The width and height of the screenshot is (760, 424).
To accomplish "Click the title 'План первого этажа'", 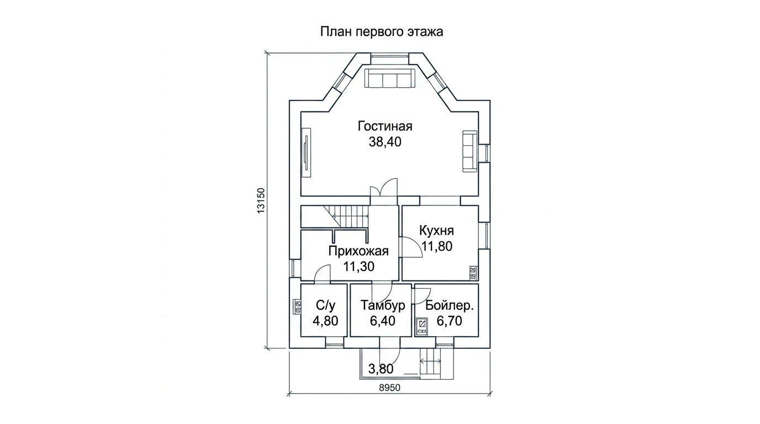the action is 382,32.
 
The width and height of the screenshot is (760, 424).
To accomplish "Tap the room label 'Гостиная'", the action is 385,126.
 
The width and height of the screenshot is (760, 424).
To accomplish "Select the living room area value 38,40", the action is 385,142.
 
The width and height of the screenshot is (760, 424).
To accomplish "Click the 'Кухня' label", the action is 436,231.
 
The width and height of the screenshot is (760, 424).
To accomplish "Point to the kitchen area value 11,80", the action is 437,246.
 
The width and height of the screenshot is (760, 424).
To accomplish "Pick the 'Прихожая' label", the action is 358,251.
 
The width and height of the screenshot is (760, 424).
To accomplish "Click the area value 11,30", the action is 358,267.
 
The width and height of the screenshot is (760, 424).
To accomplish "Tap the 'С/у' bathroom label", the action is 325,305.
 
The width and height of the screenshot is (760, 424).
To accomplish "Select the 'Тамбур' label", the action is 383,305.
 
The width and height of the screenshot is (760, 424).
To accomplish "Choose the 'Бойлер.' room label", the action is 450,306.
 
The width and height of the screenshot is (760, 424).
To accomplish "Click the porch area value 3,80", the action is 381,369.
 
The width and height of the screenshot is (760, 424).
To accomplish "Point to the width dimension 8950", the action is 390,388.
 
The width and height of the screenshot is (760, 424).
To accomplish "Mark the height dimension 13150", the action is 261,200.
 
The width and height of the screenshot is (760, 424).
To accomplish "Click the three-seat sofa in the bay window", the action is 390,78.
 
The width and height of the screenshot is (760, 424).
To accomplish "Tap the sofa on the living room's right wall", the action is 470,151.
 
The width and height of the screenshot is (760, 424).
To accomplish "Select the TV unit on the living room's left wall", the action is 306,152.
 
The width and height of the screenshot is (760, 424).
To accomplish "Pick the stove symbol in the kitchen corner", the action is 473,273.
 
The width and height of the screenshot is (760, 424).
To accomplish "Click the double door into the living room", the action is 384,192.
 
